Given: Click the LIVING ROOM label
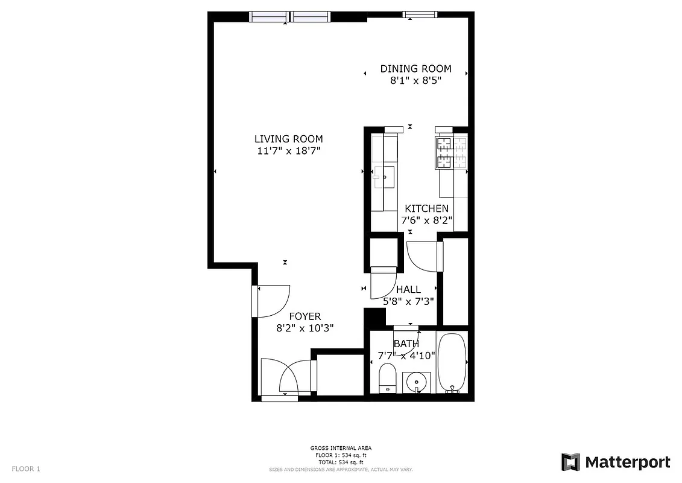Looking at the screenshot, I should click(x=288, y=139).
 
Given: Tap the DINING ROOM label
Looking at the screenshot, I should click(x=415, y=69).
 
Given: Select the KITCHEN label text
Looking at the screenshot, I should click(x=426, y=208).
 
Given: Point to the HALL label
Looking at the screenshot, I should click(x=408, y=290).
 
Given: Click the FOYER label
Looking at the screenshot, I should click(x=305, y=316).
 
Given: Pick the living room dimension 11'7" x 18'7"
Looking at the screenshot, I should click(x=288, y=151).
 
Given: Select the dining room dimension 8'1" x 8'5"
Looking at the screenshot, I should click(x=415, y=80).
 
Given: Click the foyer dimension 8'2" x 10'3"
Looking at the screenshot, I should click(x=305, y=328).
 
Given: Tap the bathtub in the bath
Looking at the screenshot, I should click(x=452, y=362).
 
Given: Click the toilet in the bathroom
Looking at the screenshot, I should click(x=387, y=377).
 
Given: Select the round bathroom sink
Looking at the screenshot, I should click(x=415, y=382).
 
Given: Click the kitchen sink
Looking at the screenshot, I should click(x=384, y=177).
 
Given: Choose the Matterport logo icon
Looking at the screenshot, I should click(x=570, y=462).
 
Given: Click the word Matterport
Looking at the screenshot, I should click(x=628, y=462).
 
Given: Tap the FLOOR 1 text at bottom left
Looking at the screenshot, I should click(x=26, y=469).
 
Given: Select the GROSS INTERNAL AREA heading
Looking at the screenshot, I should click(x=341, y=448).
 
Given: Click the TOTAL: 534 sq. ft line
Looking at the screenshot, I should click(x=341, y=461).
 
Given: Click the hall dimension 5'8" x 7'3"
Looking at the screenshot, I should click(x=408, y=301).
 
